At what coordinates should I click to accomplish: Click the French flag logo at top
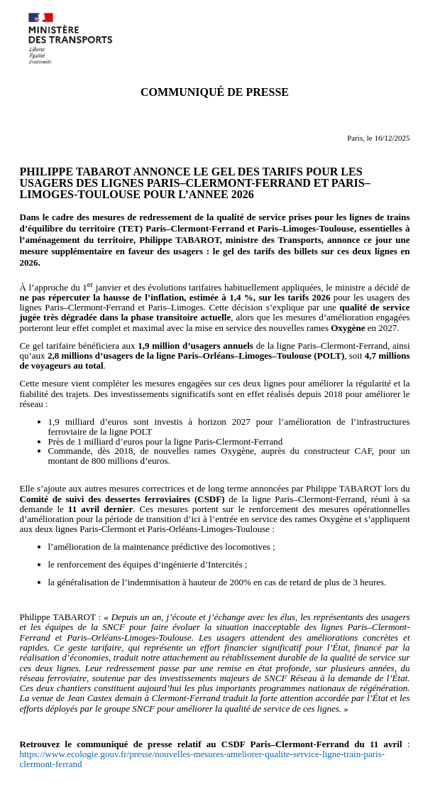click(x=40, y=18)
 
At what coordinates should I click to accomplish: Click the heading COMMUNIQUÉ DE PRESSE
click(x=214, y=92)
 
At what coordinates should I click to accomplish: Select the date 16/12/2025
click(x=392, y=138)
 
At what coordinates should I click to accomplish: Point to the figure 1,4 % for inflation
click(x=241, y=298)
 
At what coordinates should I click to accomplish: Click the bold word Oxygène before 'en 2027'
click(x=347, y=328)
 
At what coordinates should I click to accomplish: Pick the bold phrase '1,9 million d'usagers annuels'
click(x=195, y=346)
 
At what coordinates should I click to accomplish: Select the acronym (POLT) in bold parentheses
click(x=329, y=356)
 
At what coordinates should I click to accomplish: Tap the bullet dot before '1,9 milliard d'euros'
click(x=38, y=423)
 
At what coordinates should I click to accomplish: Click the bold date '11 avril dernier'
click(x=101, y=509)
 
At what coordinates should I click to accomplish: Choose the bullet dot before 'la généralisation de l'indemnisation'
click(x=38, y=583)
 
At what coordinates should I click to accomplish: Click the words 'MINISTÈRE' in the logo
click(x=53, y=30)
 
